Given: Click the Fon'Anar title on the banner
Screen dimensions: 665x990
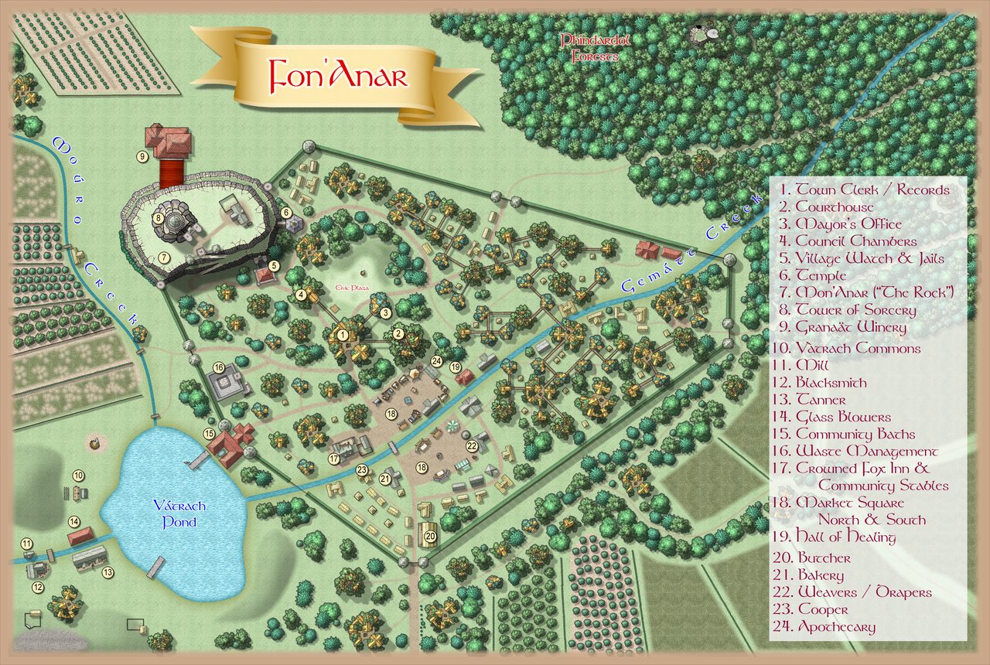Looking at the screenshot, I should pyautogui.click(x=337, y=76).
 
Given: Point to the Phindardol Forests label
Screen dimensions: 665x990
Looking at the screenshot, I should pyautogui.click(x=589, y=47).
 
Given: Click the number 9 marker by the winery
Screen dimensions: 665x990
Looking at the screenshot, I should pyautogui.click(x=142, y=156).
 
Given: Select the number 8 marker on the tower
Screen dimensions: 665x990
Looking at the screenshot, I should pyautogui.click(x=159, y=218).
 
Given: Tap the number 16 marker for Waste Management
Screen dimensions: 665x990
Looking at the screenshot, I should pyautogui.click(x=219, y=367).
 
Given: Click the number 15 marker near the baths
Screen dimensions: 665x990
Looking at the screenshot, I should pyautogui.click(x=209, y=434).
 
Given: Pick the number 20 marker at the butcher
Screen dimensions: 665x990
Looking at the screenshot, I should pyautogui.click(x=431, y=535).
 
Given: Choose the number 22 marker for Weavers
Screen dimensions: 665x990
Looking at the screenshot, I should pyautogui.click(x=472, y=445).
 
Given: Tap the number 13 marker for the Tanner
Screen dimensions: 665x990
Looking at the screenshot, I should pyautogui.click(x=108, y=572).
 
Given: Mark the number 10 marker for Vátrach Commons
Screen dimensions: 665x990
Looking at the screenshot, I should pyautogui.click(x=78, y=476).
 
